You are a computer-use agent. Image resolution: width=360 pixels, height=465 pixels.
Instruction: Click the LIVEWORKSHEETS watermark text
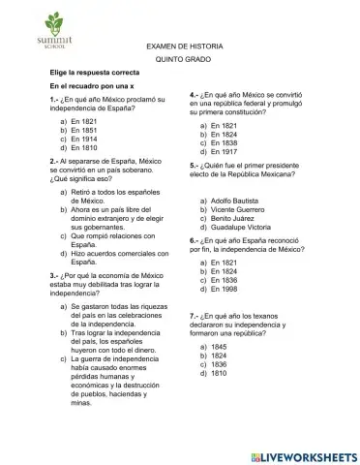tap(308, 454)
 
